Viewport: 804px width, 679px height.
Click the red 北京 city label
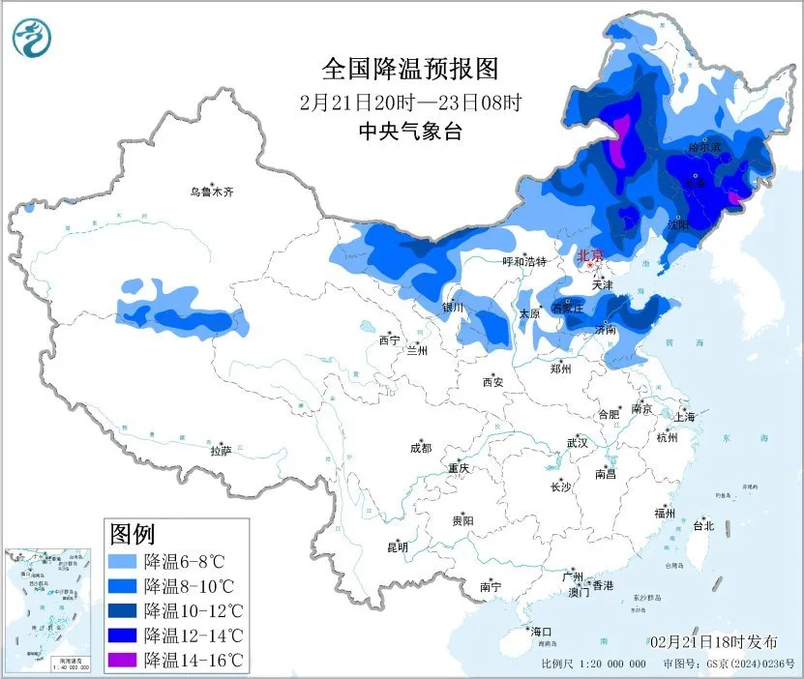tap(589, 256)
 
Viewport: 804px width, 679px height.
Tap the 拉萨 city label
tap(222, 451)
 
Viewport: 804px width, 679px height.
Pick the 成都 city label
tap(421, 448)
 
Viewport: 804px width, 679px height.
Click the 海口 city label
tap(541, 632)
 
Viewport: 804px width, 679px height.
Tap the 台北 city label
tap(703, 526)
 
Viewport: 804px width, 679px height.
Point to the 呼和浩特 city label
tap(524, 262)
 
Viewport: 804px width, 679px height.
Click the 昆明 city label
tap(398, 547)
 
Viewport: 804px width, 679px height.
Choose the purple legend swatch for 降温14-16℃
tap(123, 661)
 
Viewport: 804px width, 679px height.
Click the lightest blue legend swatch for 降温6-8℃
tap(123, 561)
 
